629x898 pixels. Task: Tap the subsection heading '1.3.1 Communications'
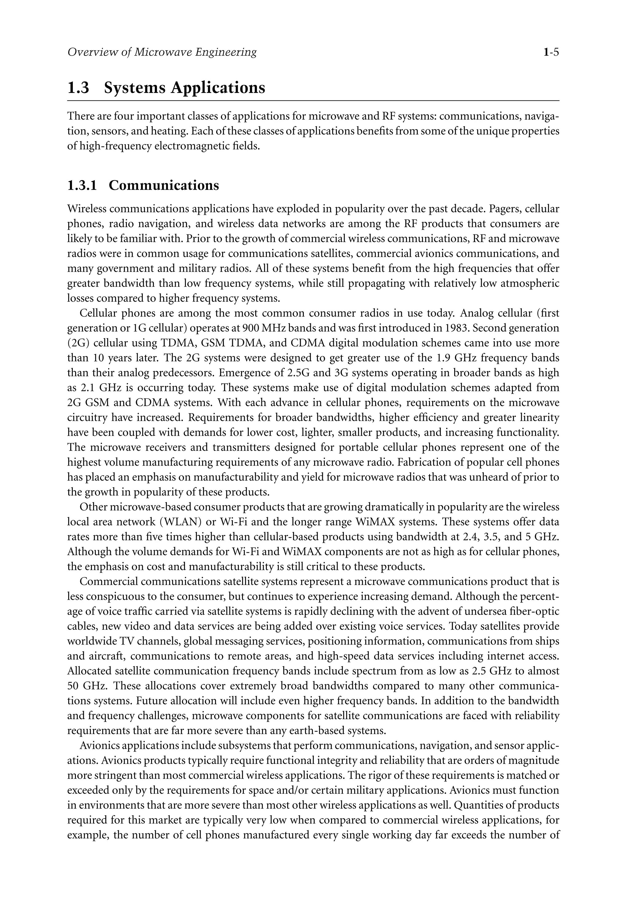(x=143, y=185)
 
